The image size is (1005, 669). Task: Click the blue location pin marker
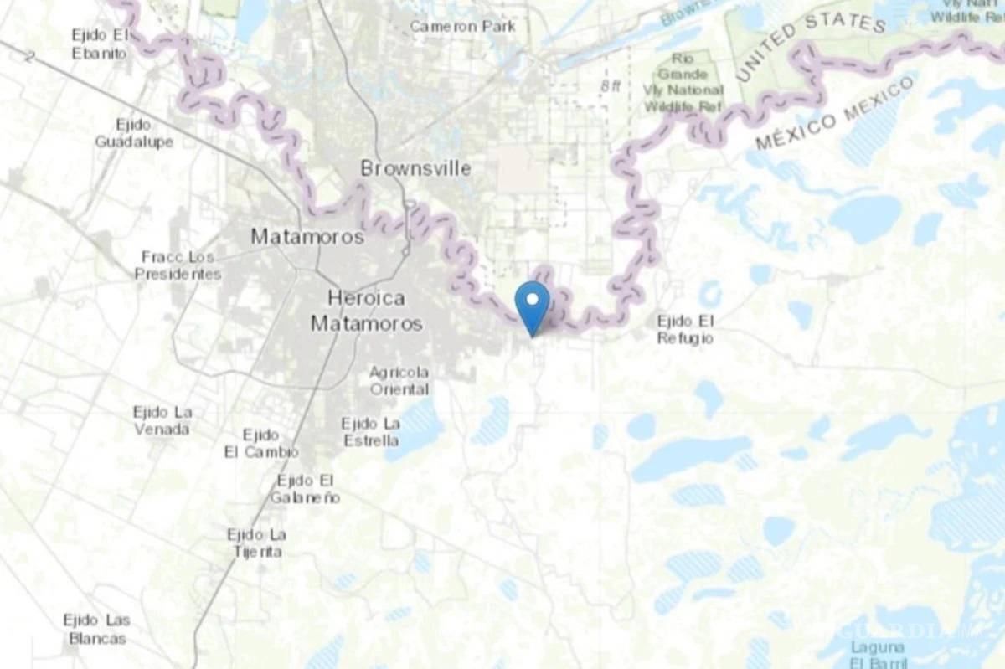tap(532, 303)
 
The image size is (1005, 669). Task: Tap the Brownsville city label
tap(415, 169)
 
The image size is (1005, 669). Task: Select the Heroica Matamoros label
tap(366, 310)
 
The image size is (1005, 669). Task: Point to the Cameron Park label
tap(462, 27)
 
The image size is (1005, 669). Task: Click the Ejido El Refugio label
tap(685, 329)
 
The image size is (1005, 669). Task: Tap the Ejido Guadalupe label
tap(133, 133)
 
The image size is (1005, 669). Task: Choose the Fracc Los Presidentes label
tap(178, 265)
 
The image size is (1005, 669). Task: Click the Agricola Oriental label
tap(399, 380)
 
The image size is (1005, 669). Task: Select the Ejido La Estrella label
tap(370, 432)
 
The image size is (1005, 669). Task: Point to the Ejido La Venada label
tap(162, 420)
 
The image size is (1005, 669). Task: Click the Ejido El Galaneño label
tap(305, 488)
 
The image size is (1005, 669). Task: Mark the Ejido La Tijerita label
tap(256, 543)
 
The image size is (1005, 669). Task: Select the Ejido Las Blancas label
tap(95, 629)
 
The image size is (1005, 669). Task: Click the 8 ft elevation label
tap(612, 85)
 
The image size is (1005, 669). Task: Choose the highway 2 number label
tap(30, 57)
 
